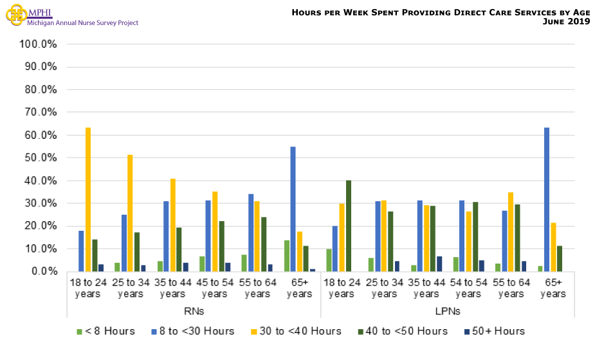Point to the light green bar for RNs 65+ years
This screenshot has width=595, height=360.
(286, 256)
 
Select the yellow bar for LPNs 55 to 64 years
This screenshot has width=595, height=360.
(511, 231)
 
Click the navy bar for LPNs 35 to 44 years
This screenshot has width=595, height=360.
(440, 264)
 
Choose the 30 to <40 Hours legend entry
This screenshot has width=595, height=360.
(305, 331)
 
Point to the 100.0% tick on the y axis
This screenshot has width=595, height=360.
(40, 44)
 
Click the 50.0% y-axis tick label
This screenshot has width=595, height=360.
(42, 158)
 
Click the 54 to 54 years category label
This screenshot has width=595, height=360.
(468, 288)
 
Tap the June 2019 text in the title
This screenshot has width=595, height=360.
(564, 22)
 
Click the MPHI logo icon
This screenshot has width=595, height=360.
(15, 15)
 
